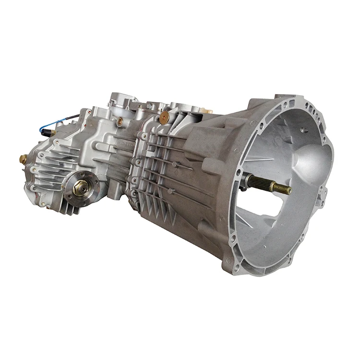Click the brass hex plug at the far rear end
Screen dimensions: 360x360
pos(23,159)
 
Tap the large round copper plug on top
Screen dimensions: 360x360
pos(165,116)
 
